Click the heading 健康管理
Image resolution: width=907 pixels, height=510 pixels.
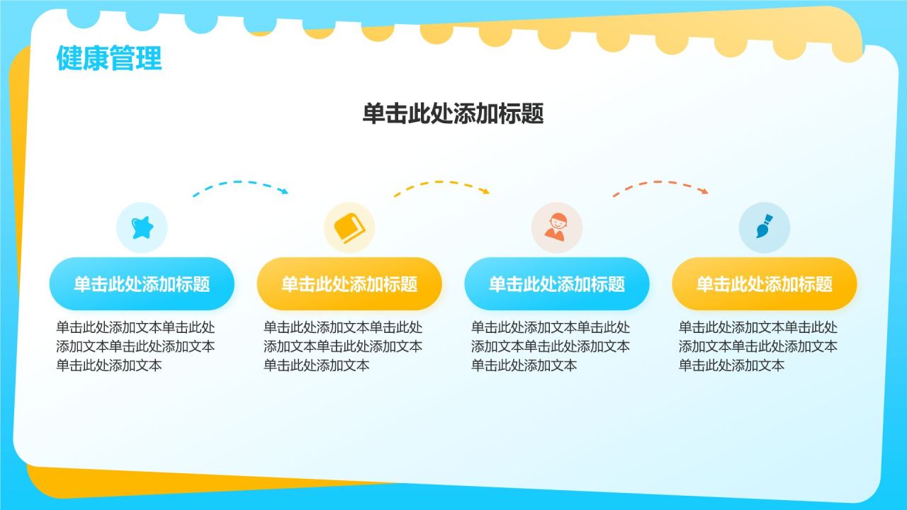109,59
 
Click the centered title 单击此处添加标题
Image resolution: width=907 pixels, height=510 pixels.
453,114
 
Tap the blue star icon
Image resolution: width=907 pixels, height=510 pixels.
142,227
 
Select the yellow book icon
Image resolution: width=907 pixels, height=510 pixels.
349,228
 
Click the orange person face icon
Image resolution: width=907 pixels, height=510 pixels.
556,228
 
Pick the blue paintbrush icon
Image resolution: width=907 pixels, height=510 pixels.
764,228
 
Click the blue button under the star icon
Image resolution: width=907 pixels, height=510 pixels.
142,284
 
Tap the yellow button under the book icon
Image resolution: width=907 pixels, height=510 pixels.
349,284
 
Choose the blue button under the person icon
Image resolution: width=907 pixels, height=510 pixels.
556,284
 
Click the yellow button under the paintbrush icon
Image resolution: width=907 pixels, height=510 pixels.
764,284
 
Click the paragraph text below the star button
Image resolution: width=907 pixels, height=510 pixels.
135,346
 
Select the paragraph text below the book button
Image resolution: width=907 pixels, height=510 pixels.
343,346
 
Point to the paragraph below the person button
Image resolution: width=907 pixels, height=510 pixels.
551,346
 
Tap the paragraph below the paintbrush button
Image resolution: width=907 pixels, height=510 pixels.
758,346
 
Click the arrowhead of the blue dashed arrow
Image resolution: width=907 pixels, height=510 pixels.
285,191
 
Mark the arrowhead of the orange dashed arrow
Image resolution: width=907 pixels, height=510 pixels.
704,191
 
